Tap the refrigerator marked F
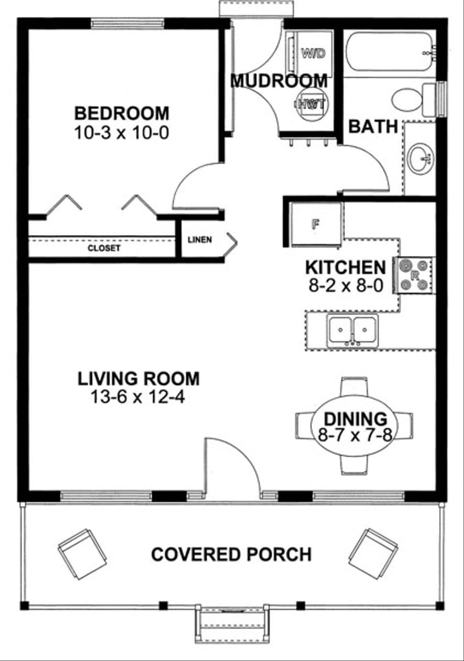point(316,224)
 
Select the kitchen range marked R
point(415,274)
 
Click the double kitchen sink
point(352,331)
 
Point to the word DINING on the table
point(355,419)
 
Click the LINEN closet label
point(200,239)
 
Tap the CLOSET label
point(104,248)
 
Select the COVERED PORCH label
point(231,554)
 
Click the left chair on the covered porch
point(83,554)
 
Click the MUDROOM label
point(278,81)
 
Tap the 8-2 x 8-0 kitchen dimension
point(345,285)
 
